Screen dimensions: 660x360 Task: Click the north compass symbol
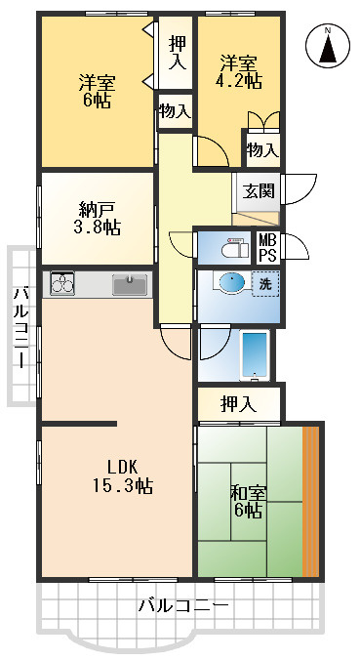coord(329,46)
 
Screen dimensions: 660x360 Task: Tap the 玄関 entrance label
coord(258,190)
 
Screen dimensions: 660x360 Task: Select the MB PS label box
coord(266,247)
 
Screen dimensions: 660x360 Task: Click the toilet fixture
coord(234,247)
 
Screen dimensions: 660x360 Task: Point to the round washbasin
coord(231,283)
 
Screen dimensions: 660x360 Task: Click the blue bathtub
coord(254,354)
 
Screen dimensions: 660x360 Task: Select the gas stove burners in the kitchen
coord(61,285)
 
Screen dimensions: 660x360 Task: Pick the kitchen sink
coord(130,285)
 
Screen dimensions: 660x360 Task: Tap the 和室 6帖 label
coord(246,501)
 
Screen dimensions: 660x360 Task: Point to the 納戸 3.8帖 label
coord(99,218)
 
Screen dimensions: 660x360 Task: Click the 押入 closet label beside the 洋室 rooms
coord(177,52)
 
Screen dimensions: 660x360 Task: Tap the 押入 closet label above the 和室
coord(238,402)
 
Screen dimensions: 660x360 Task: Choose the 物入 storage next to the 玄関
coord(261,149)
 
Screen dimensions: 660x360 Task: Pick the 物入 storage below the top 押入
coord(175,110)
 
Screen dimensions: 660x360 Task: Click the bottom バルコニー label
coord(182,606)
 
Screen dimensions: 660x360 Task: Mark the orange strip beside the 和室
coord(311,500)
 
